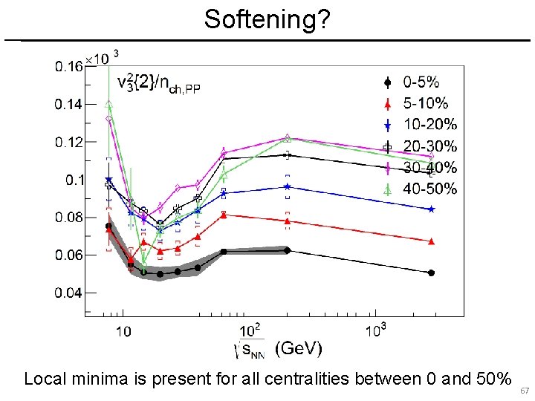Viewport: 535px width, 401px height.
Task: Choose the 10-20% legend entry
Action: pyautogui.click(x=421, y=124)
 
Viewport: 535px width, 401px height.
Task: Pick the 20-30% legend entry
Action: pyautogui.click(x=421, y=146)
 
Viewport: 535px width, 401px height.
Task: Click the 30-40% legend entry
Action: pyautogui.click(x=421, y=167)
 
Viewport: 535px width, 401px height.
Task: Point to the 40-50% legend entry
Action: pyautogui.click(x=421, y=189)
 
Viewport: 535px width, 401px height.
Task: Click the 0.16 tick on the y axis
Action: pyautogui.click(x=68, y=67)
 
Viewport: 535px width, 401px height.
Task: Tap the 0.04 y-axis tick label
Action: pyautogui.click(x=68, y=293)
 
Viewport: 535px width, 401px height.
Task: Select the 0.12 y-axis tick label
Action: pyautogui.click(x=68, y=142)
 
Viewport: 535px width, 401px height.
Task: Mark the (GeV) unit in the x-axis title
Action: pyautogui.click(x=299, y=347)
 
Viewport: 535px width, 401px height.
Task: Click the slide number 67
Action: pyautogui.click(x=524, y=391)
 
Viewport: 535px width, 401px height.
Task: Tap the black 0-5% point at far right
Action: pyautogui.click(x=431, y=273)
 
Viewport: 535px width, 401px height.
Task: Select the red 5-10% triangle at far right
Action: pyautogui.click(x=431, y=241)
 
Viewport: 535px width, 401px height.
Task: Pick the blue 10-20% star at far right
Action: pyautogui.click(x=431, y=209)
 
